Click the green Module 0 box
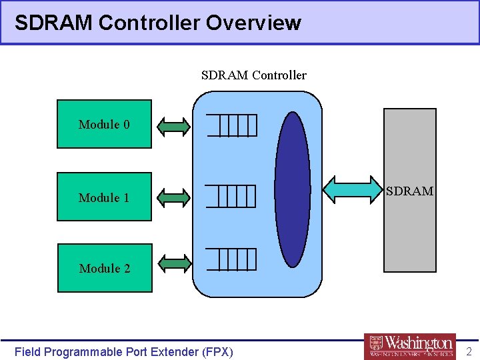pos(104,124)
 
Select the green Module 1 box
pos(104,197)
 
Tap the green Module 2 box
pos(104,268)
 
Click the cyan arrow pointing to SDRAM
pos(353,190)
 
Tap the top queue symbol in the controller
pos(231,125)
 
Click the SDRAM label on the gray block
pos(410,191)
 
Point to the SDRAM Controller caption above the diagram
pos(253,75)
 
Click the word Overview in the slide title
pos(253,23)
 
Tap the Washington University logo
pos(410,346)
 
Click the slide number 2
pos(469,351)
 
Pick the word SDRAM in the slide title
pos(53,23)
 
